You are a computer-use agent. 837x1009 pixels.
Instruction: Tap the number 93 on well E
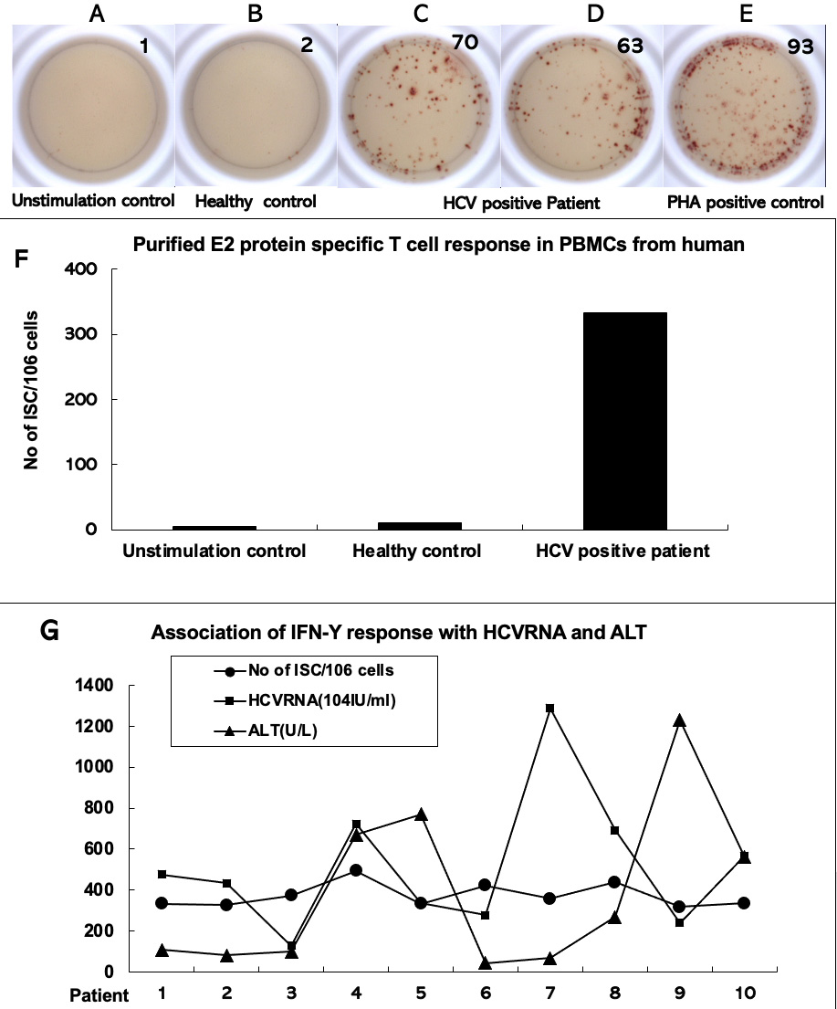800,47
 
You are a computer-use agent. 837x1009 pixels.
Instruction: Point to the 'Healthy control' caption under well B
255,202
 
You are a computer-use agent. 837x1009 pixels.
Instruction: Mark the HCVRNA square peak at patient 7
549,709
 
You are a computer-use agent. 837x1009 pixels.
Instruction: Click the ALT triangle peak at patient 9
678,720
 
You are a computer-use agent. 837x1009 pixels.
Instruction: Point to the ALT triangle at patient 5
420,814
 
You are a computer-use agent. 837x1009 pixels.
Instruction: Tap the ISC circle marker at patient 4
356,870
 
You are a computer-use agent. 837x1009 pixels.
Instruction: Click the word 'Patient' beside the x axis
101,994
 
